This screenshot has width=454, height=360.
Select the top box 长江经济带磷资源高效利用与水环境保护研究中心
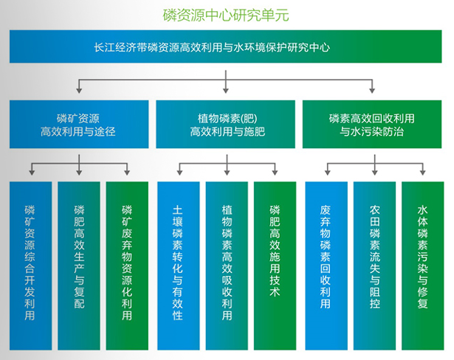[226, 47]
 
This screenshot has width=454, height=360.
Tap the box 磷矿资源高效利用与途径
[78, 125]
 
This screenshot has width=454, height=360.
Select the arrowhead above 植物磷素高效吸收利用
[226, 174]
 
